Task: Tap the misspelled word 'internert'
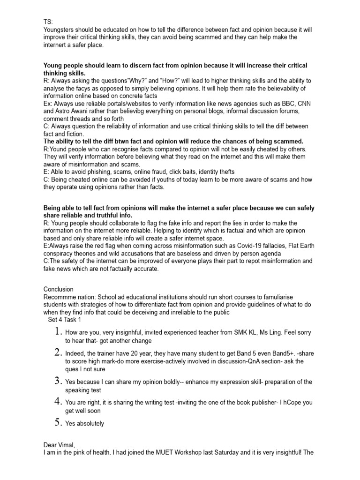click(x=58, y=45)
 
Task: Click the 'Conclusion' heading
click(x=58, y=289)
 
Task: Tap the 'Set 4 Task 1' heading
click(x=65, y=320)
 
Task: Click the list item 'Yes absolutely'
click(x=85, y=423)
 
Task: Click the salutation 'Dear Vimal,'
click(x=59, y=445)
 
